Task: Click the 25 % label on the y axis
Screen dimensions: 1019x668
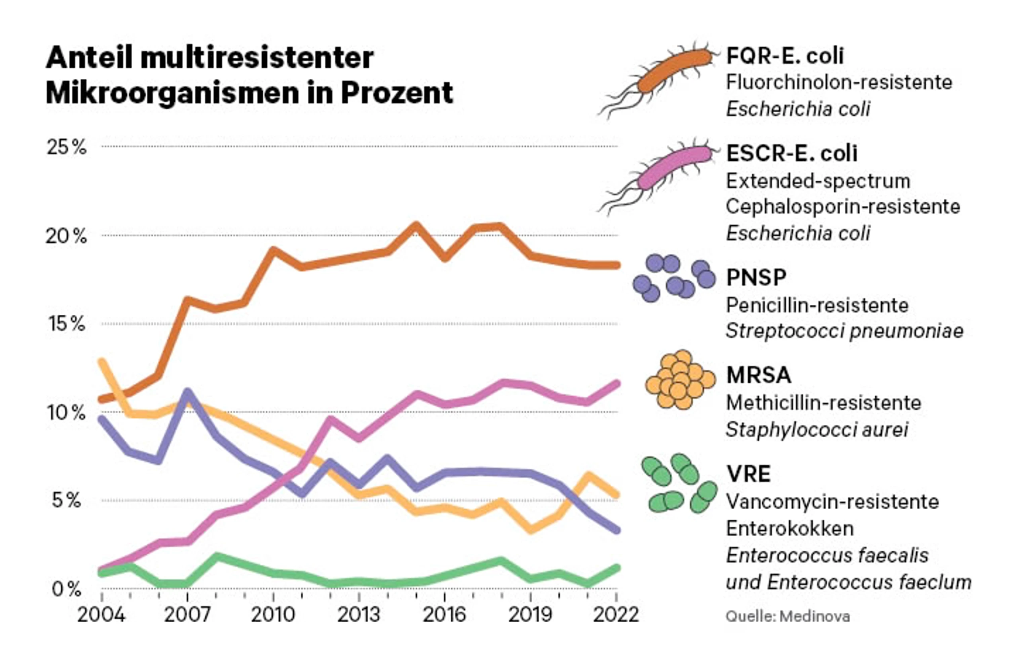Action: pos(67,147)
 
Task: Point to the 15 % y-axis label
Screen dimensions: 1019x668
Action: pos(67,324)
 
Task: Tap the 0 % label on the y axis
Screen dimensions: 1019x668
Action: pos(66,589)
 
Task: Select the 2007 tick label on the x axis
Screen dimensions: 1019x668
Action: pos(187,615)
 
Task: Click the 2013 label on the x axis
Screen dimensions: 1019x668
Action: pos(359,615)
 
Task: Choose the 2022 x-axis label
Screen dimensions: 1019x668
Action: pos(616,615)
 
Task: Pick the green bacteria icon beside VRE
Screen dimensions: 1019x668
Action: pos(679,483)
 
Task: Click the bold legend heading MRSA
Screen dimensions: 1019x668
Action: pos(759,375)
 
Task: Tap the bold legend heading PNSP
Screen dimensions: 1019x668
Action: pos(757,277)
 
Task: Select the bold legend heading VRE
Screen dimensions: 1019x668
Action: pos(748,474)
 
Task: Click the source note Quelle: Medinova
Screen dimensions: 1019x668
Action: pos(788,617)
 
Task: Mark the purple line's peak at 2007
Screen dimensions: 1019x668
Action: pos(187,392)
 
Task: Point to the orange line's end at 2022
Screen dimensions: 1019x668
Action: pos(617,265)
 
